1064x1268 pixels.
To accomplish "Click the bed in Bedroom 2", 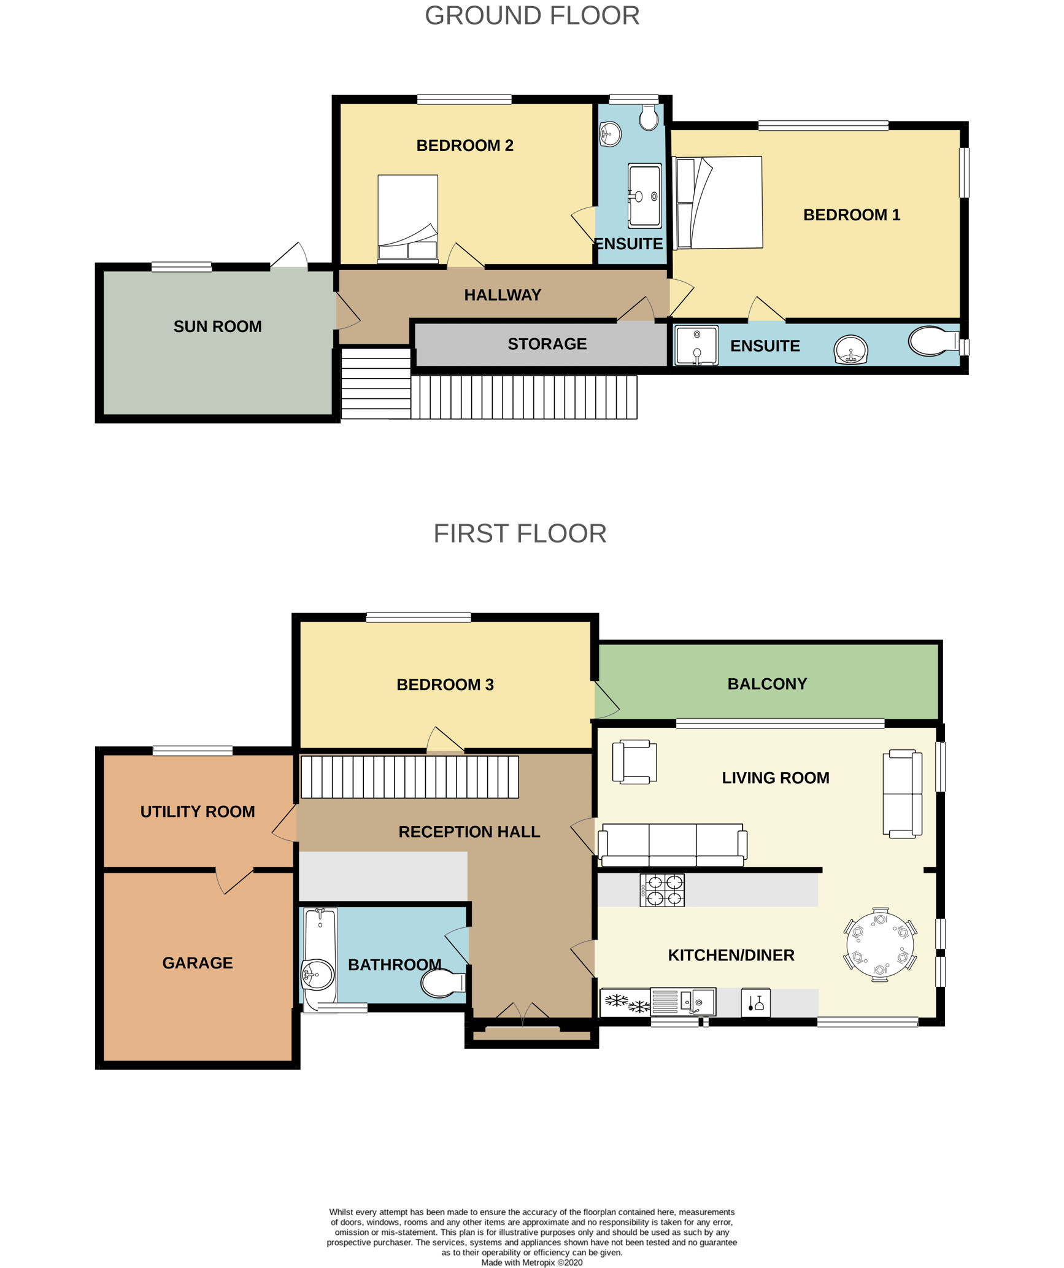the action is (407, 218).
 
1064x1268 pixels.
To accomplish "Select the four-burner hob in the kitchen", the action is (662, 890).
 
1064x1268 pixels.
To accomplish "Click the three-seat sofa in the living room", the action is (673, 845).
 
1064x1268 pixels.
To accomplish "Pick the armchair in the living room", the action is (634, 762).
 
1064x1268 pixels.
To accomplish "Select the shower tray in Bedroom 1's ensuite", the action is (696, 346).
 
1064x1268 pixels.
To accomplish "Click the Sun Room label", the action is (217, 327).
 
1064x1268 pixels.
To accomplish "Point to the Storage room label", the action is (547, 344).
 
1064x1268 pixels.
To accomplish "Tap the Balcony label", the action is (767, 684).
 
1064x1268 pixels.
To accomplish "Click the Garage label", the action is (198, 963).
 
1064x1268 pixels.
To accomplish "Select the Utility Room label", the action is (198, 811).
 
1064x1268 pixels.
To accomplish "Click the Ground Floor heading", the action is (532, 15).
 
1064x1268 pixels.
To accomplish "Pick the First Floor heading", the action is (520, 533).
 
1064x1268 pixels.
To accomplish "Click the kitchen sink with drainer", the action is (683, 1002).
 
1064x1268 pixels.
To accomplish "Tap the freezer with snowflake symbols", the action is (625, 1002).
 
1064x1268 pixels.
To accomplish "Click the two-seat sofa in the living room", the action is (902, 794).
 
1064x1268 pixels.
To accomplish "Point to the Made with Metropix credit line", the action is (531, 1262).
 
